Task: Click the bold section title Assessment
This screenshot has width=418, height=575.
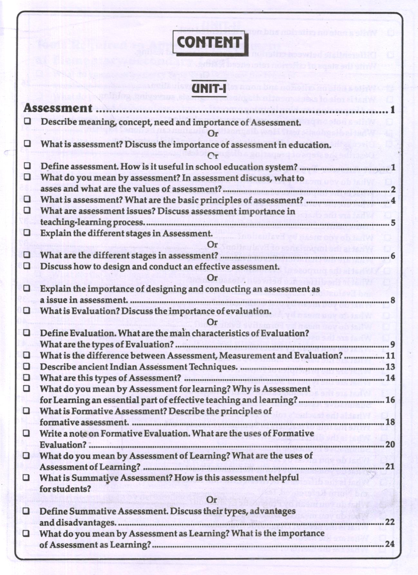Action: (58, 108)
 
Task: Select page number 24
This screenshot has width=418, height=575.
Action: (390, 544)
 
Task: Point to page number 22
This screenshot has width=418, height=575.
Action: (390, 522)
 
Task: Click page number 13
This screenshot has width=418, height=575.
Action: (390, 367)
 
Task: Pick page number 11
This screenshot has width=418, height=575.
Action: (390, 356)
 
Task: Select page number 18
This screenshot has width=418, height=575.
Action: (390, 422)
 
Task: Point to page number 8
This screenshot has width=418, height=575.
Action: (392, 300)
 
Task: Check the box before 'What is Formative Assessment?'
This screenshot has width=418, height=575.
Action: (27, 411)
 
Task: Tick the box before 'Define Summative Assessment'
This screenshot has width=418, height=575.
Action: (27, 511)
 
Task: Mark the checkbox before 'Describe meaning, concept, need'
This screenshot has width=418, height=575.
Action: (27, 122)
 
